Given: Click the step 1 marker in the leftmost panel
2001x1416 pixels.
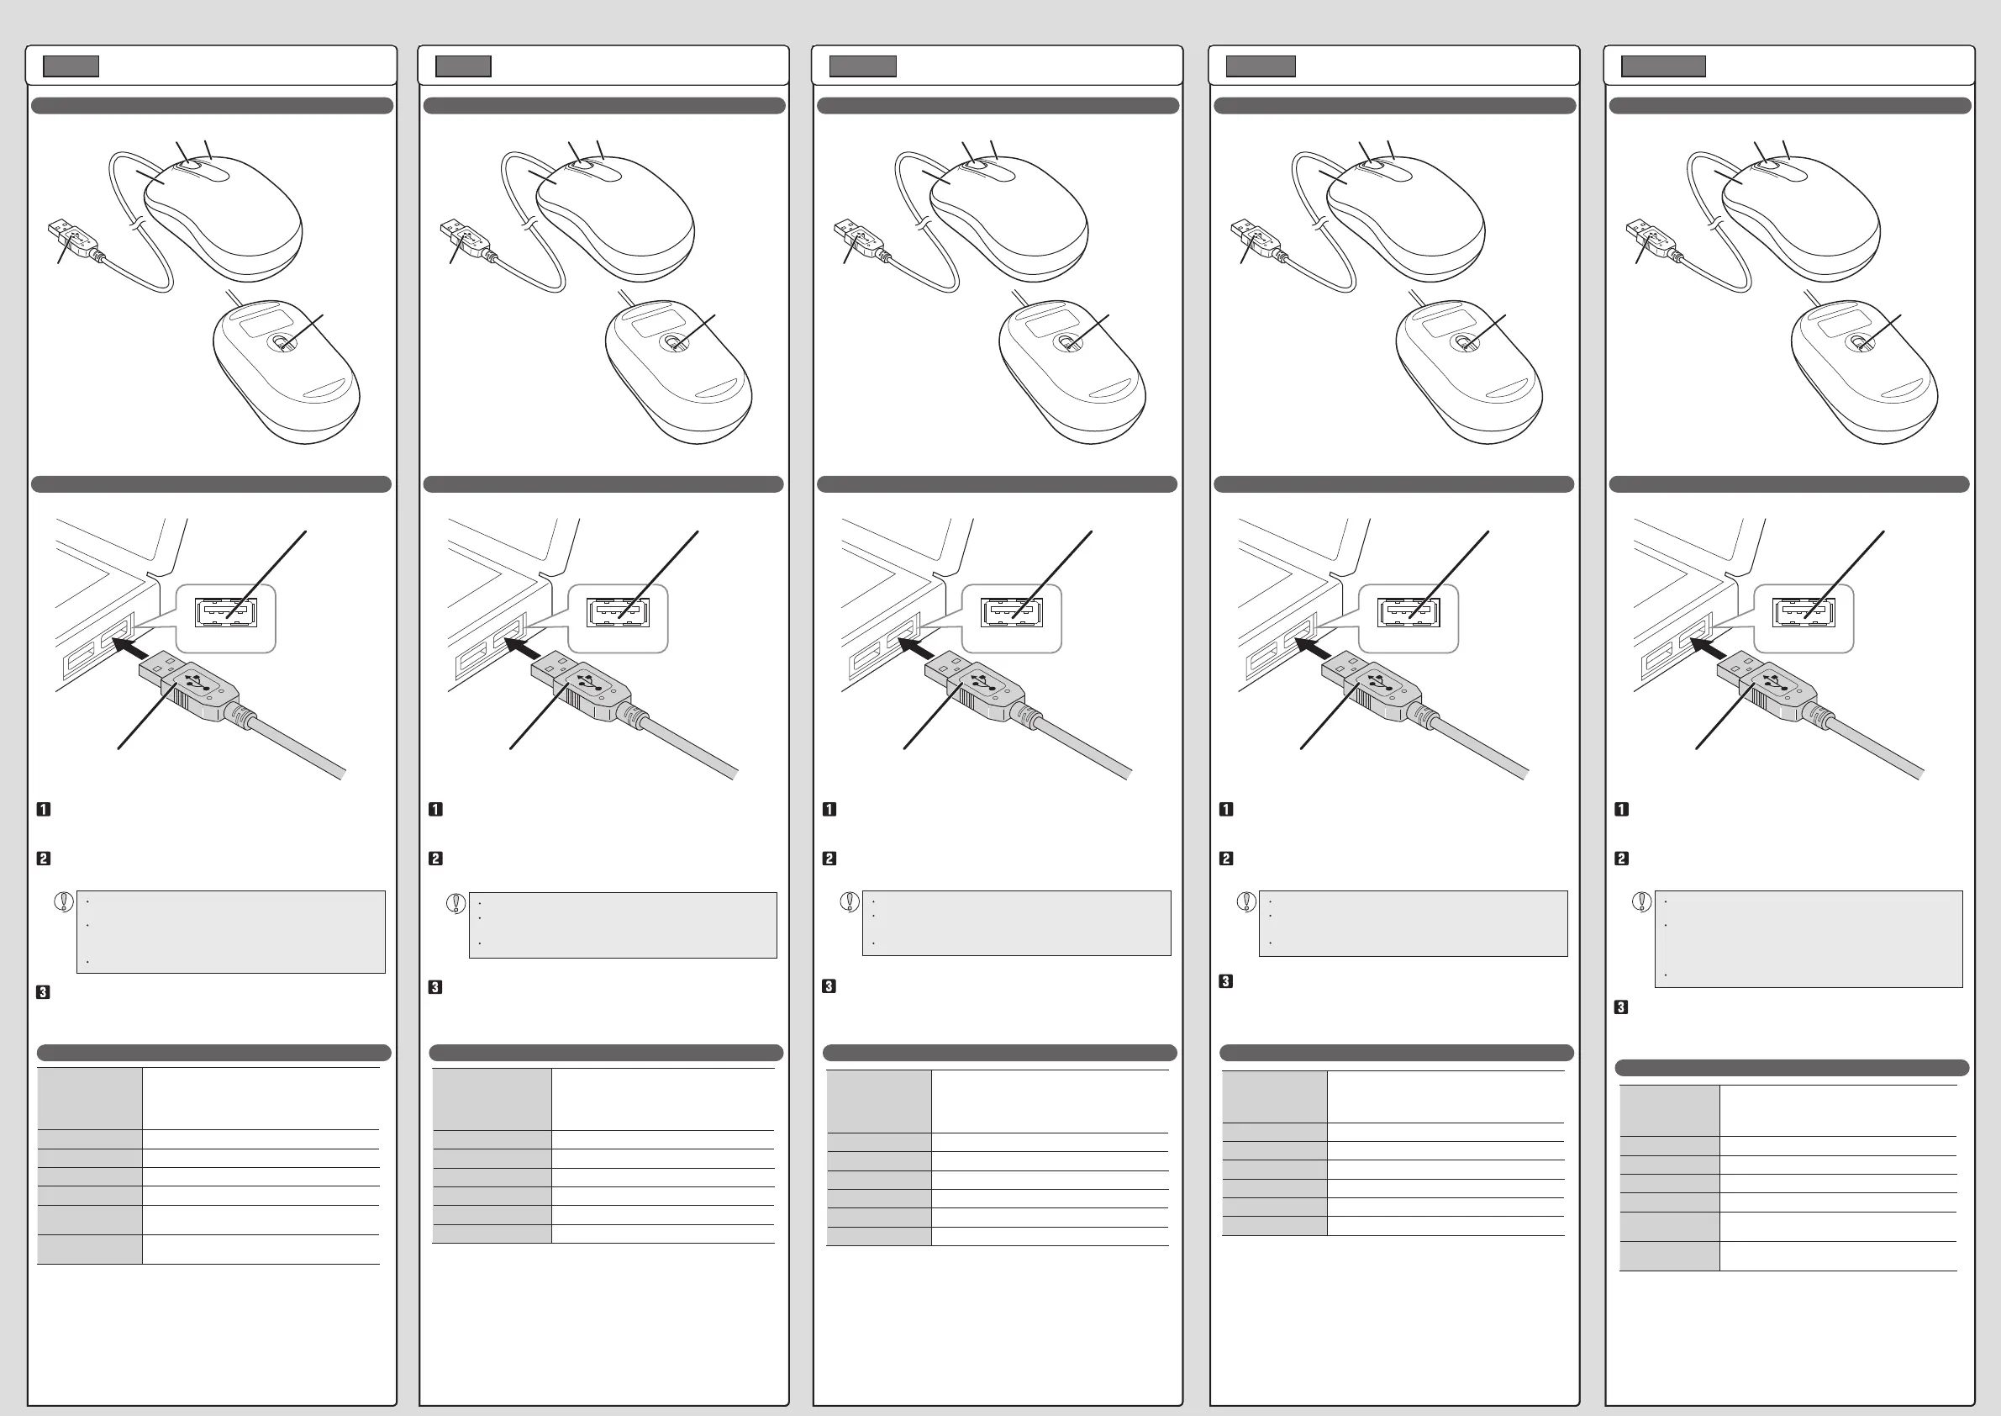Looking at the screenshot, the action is pos(44,809).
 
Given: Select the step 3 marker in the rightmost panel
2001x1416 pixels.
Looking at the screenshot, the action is pos(1621,1007).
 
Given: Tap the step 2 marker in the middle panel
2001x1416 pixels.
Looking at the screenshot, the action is pos(829,859).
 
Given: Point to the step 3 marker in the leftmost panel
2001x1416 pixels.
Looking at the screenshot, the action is pos(43,992).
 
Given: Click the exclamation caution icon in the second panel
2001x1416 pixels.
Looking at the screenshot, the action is pos(455,902).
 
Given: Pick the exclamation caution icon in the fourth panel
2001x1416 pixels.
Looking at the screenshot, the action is pos(1246,901).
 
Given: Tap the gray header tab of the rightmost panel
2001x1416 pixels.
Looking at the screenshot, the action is pos(1663,66).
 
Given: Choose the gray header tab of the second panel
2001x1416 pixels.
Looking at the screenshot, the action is pos(463,66).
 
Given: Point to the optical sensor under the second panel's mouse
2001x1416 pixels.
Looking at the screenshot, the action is pos(674,343).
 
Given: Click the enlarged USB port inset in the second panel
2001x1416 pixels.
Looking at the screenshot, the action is pos(618,614).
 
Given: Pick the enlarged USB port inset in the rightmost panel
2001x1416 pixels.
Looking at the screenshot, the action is pos(1804,614).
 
